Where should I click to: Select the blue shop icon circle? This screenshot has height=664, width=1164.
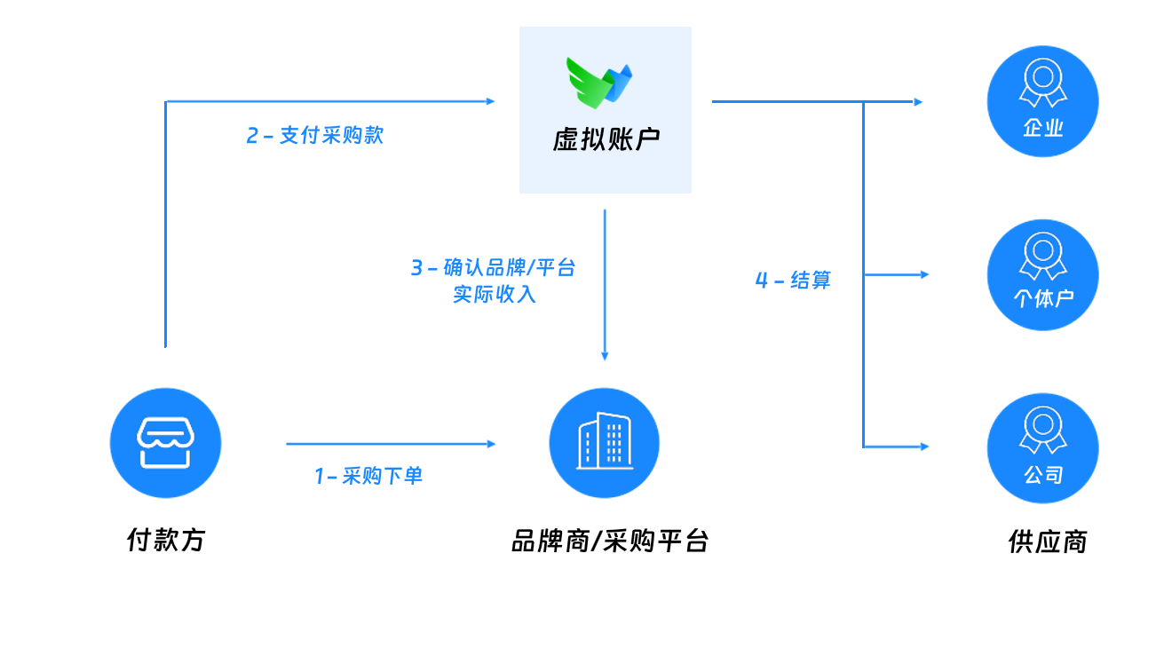tap(165, 442)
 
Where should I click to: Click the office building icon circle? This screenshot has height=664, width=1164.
tap(604, 442)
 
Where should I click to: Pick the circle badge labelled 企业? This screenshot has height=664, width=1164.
tap(1042, 101)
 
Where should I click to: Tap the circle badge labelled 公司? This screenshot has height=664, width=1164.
tap(1042, 448)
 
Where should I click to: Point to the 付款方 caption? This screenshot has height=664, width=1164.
tap(166, 540)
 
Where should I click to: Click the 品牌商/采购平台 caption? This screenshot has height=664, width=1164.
tap(610, 541)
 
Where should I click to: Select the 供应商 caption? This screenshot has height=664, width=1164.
tap(1048, 541)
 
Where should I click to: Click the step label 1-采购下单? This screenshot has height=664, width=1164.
tap(368, 477)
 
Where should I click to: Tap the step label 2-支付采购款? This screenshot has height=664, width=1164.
tap(315, 136)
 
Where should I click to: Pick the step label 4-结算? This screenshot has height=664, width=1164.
tap(793, 281)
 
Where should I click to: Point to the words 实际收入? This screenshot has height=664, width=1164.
tap(495, 295)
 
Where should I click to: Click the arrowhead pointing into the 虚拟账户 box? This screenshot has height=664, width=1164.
tap(491, 102)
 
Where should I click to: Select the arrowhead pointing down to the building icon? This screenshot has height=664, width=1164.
tap(605, 356)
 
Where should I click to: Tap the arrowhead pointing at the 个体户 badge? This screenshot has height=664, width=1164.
tap(925, 275)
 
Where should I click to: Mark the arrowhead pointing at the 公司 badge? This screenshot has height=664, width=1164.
tap(925, 446)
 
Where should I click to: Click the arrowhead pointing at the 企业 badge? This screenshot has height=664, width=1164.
tap(919, 102)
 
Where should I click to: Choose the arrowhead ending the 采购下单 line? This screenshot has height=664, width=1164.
tap(491, 444)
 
